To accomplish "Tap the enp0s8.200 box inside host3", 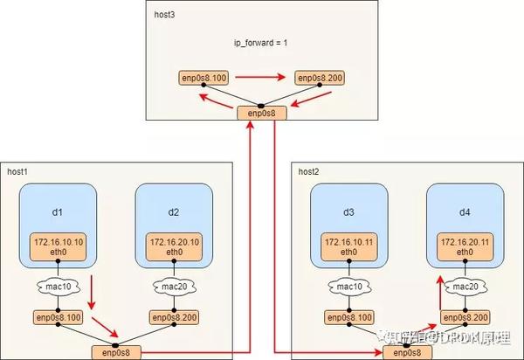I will (x=321, y=79).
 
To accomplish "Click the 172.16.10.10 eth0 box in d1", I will (x=57, y=245).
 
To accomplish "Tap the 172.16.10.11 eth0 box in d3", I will (x=349, y=245).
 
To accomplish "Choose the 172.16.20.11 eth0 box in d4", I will (x=464, y=245).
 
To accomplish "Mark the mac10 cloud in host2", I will (x=349, y=286).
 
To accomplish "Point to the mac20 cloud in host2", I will (x=464, y=286).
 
